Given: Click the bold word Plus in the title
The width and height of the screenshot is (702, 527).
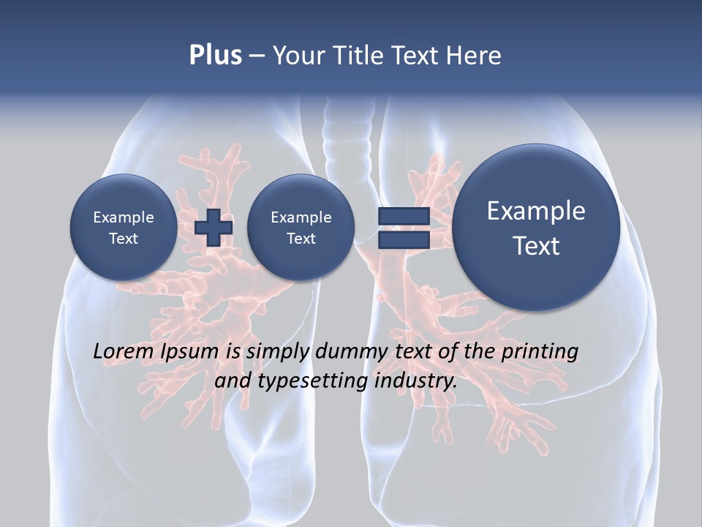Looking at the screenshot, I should pyautogui.click(x=215, y=56).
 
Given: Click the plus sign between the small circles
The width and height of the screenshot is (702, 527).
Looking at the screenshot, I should pyautogui.click(x=214, y=228).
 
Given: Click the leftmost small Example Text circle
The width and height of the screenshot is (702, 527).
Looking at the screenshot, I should pyautogui.click(x=123, y=228).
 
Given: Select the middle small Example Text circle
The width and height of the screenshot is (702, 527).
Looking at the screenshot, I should pyautogui.click(x=301, y=228).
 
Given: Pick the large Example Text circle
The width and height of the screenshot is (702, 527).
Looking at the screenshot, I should pyautogui.click(x=536, y=228).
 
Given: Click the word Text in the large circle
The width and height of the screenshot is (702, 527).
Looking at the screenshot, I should pyautogui.click(x=536, y=246).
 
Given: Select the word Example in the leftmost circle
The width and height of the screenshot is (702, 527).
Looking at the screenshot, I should pyautogui.click(x=123, y=217).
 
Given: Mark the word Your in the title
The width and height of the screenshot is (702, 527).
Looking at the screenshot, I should pyautogui.click(x=298, y=56).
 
